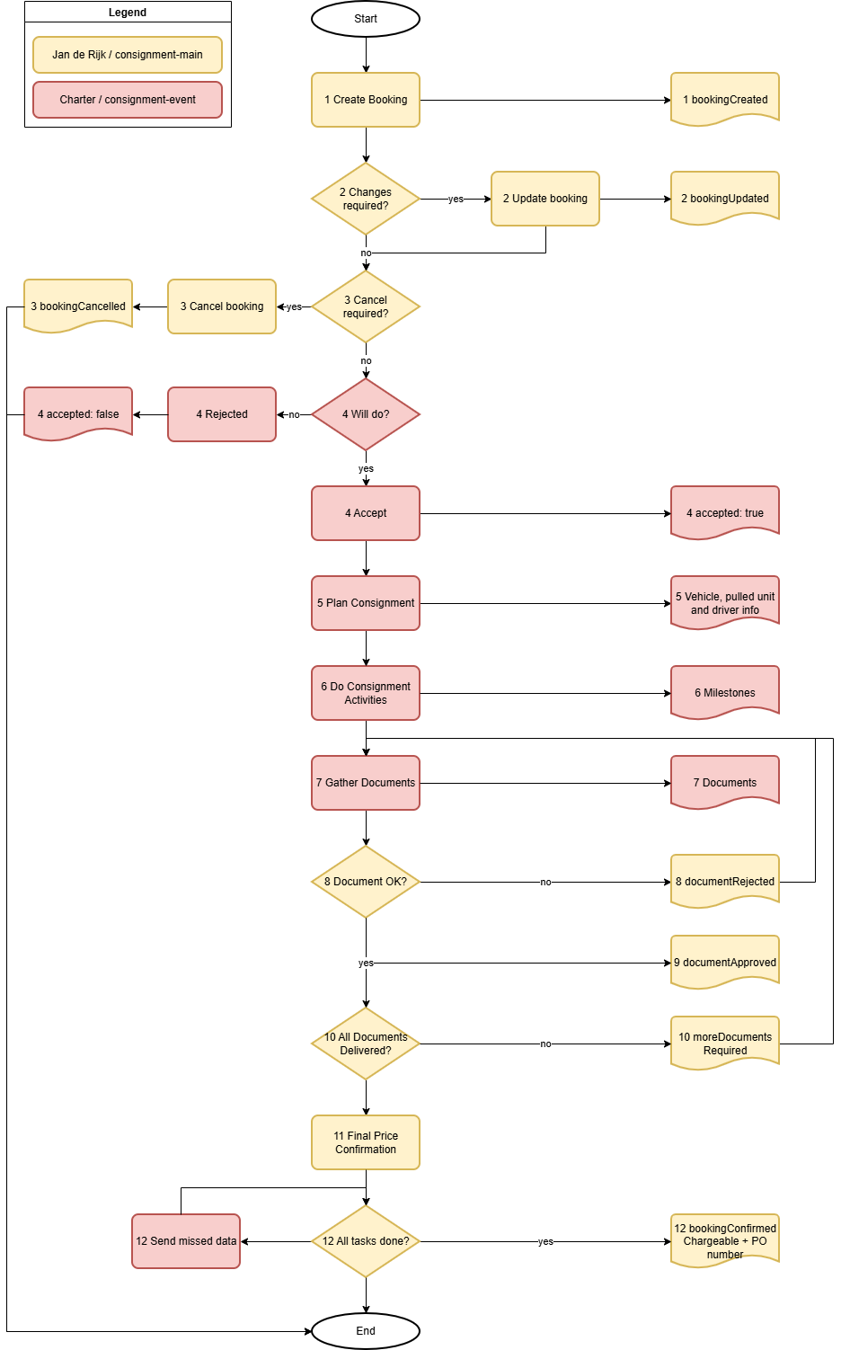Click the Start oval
click(366, 19)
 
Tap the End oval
click(366, 1331)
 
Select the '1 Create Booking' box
click(366, 100)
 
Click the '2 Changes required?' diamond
click(366, 199)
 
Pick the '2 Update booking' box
click(545, 199)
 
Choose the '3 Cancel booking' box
click(222, 306)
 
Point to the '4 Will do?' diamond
click(366, 414)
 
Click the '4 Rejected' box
click(222, 414)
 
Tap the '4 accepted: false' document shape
click(78, 413)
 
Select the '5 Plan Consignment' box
click(366, 603)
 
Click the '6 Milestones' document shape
click(725, 692)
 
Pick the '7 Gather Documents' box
click(366, 783)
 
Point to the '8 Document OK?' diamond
click(366, 882)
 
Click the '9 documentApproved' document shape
click(725, 962)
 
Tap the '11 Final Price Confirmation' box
click(366, 1142)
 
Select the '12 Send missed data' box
click(186, 1241)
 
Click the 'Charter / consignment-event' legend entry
click(128, 100)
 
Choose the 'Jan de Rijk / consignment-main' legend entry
click(128, 55)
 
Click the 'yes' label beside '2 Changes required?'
click(456, 199)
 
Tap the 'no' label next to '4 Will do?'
click(294, 414)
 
